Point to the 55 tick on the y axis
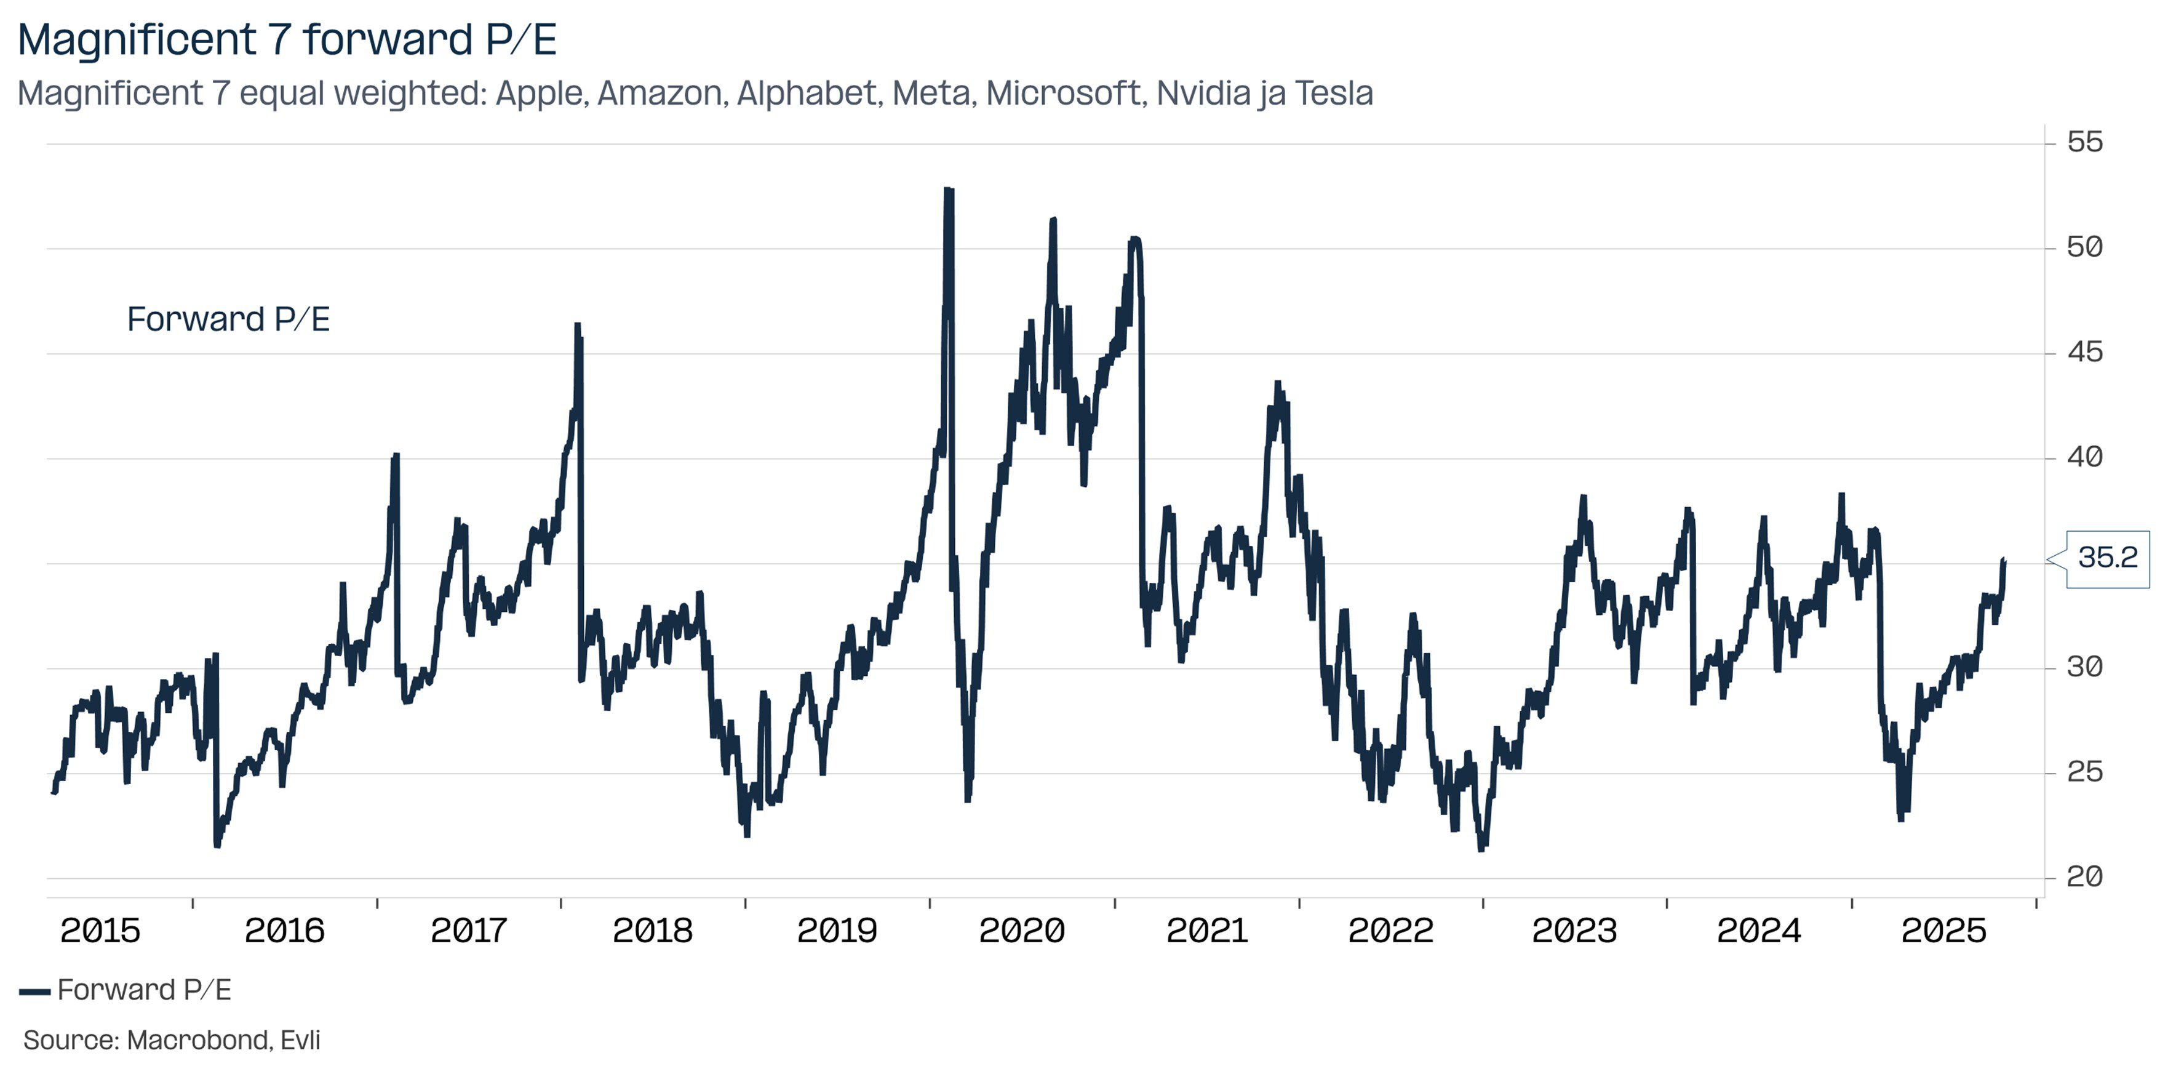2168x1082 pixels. click(x=2085, y=142)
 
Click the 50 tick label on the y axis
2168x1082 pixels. click(x=2085, y=247)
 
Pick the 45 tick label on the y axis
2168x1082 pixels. click(x=2085, y=353)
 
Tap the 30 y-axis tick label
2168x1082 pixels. click(x=2085, y=668)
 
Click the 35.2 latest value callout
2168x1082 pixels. click(x=2106, y=558)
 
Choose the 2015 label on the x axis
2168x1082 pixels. click(x=100, y=931)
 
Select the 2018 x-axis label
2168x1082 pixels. click(x=652, y=931)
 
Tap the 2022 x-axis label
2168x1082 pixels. click(x=1390, y=931)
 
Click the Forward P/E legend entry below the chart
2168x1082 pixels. click(x=143, y=990)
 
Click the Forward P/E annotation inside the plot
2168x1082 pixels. click(x=228, y=320)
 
